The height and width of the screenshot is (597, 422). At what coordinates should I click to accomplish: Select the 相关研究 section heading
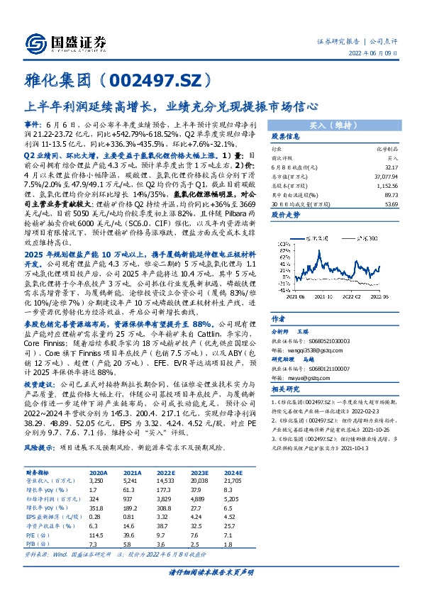click(287, 390)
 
